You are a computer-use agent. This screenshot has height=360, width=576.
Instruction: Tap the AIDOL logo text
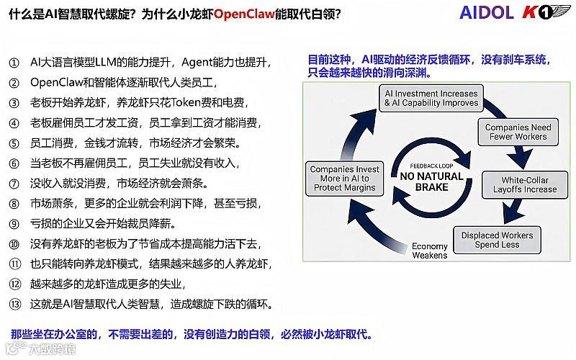(487, 14)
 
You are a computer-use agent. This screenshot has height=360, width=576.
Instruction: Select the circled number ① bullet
(14, 63)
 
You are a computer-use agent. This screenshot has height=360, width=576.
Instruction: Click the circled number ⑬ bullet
(14, 305)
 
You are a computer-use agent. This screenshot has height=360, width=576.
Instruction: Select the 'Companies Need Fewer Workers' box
(518, 132)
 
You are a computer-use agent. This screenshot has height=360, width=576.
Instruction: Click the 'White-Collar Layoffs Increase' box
(525, 184)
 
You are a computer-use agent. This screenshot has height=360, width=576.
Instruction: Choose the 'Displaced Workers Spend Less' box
(497, 240)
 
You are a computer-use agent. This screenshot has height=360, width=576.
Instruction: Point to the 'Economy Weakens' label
(429, 251)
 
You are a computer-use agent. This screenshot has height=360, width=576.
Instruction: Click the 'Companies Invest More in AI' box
(345, 179)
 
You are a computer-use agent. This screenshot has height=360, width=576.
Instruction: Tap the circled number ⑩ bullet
(14, 244)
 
